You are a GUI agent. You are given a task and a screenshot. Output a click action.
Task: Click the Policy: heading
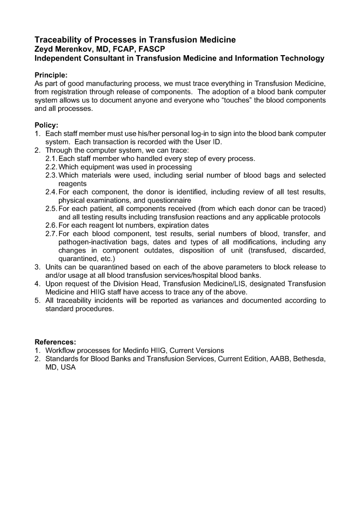(46, 125)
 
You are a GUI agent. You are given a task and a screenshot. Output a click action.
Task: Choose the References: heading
(55, 342)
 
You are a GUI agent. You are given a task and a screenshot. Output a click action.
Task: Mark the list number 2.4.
(51, 192)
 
